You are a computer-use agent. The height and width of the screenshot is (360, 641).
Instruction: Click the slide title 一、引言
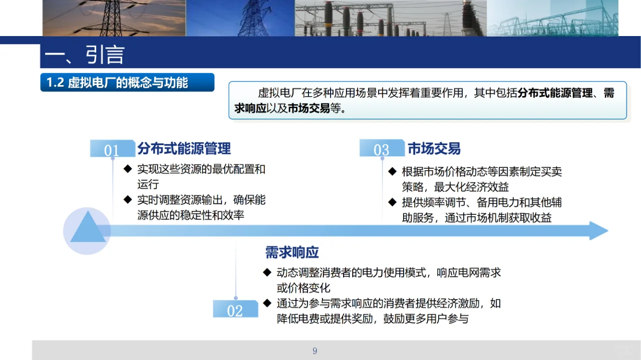[x=84, y=55]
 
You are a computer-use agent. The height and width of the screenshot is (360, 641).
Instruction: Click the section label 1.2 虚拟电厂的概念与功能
[x=117, y=82]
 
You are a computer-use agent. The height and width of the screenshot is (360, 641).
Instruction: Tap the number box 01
[x=112, y=150]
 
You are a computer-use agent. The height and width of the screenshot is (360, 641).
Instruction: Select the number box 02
[x=235, y=310]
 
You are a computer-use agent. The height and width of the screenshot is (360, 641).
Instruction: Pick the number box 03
[x=382, y=149]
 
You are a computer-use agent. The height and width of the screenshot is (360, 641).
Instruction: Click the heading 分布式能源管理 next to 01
[x=184, y=149]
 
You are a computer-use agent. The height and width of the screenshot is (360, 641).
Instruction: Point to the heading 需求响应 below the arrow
[x=292, y=252]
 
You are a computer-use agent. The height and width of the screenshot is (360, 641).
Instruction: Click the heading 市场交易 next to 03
[x=434, y=149]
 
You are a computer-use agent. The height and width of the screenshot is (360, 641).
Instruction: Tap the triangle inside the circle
[x=88, y=228]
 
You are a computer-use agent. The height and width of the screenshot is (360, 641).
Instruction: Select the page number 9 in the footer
[x=315, y=351]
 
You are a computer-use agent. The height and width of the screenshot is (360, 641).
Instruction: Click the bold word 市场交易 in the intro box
[x=308, y=108]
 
